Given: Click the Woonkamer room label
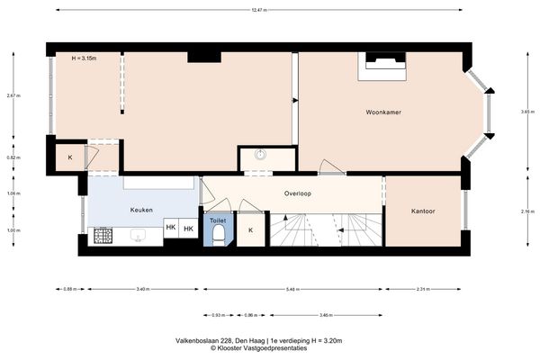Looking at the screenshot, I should pyautogui.click(x=382, y=112).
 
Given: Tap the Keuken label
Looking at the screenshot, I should pyautogui.click(x=140, y=210).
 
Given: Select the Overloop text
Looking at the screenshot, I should pyautogui.click(x=298, y=193).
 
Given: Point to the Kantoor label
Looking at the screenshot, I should pyautogui.click(x=423, y=211).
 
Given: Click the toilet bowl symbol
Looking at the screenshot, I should pyautogui.click(x=219, y=235).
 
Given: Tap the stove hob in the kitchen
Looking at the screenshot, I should pyautogui.click(x=104, y=237).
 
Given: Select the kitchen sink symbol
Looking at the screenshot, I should pyautogui.click(x=139, y=237).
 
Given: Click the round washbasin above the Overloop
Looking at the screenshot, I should pyautogui.click(x=261, y=154).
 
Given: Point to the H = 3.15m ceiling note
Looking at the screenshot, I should pyautogui.click(x=84, y=58).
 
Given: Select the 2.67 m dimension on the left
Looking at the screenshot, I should pyautogui.click(x=12, y=95).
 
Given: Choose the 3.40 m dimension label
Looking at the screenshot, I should pyautogui.click(x=142, y=289).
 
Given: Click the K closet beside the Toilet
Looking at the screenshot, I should pyautogui.click(x=250, y=229).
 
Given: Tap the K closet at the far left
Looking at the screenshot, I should pyautogui.click(x=69, y=158).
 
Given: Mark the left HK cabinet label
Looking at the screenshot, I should pyautogui.click(x=170, y=229).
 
